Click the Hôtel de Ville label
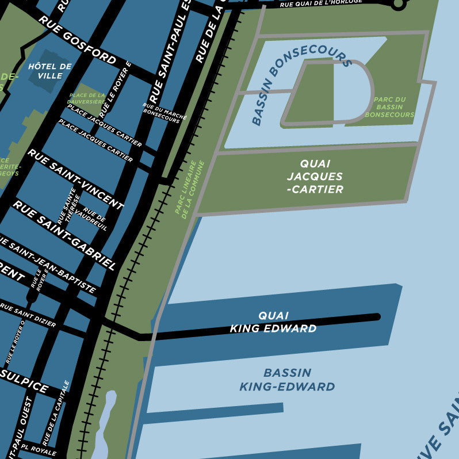[x=49, y=70]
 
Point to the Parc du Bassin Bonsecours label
[x=389, y=107]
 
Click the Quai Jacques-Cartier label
[x=315, y=177]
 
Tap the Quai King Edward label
[x=273, y=322]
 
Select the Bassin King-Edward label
[x=287, y=380]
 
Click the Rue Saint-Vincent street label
[x=75, y=179]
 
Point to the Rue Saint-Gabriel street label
[x=64, y=235]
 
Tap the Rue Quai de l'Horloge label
[x=321, y=3]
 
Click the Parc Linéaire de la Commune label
[x=189, y=190]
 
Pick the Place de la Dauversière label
[x=87, y=98]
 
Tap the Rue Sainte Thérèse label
[x=67, y=206]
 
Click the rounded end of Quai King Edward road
[x=377, y=316]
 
